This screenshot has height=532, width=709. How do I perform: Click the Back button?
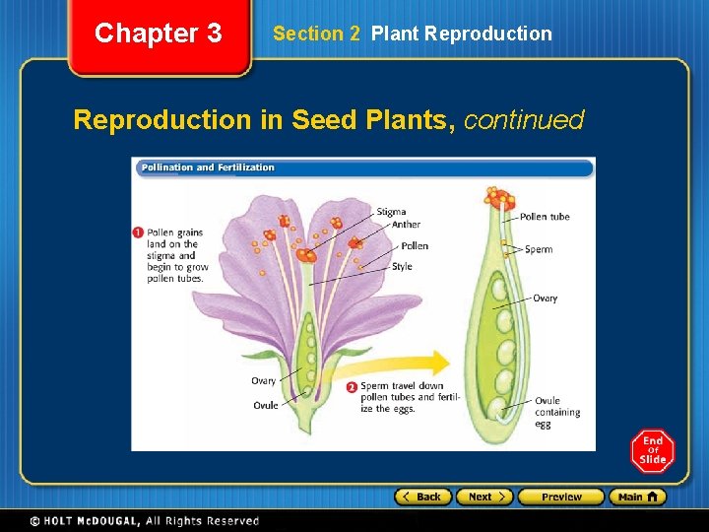coord(422,497)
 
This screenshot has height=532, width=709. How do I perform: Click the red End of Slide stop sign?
coord(653,451)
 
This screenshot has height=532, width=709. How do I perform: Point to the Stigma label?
coord(390,212)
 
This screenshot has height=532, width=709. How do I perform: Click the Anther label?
coord(406,225)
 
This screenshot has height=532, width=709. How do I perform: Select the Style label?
coord(402,267)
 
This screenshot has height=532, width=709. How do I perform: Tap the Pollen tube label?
coord(544,217)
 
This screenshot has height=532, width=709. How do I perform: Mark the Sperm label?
coord(539,249)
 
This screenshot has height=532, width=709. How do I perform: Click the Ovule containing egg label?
coord(556,413)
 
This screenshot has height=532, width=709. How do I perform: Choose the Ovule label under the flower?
coord(266,405)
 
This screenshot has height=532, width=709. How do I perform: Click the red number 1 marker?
coord(138,233)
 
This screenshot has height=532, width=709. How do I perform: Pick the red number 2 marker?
coord(352,387)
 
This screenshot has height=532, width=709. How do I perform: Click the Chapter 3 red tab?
coord(159,34)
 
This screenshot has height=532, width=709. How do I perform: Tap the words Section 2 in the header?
coord(316,33)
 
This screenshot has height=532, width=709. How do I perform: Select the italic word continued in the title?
coord(523,120)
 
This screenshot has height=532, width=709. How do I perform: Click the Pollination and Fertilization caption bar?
coord(362,167)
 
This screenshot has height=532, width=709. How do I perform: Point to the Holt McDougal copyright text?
coord(144,521)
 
